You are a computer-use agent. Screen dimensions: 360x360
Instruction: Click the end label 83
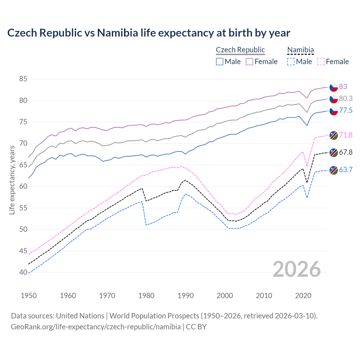pos(343,87)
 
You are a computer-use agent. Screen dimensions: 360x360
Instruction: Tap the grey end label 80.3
pos(346,98)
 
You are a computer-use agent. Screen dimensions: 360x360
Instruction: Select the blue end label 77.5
pos(346,110)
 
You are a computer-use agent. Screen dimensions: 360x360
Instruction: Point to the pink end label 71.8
pos(346,135)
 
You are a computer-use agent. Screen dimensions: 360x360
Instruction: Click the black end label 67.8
pos(346,152)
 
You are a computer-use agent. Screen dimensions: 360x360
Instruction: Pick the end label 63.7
pos(346,170)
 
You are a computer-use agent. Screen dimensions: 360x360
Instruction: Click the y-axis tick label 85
pos(23,79)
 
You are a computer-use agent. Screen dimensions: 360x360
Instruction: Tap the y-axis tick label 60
pos(23,186)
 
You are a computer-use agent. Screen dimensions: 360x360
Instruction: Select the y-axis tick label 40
pos(23,272)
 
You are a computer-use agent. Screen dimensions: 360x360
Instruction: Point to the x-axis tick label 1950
pos(29,296)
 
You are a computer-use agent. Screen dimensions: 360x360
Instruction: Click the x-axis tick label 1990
pos(186,296)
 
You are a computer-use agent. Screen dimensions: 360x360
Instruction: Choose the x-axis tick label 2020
pos(303,296)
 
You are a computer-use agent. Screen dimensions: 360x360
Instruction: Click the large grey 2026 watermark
pos(296,269)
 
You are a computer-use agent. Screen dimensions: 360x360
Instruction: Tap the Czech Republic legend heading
pos(240,50)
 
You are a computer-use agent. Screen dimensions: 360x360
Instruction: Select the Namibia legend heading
pos(300,50)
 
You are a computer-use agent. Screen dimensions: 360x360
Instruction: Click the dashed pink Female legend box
pos(321,62)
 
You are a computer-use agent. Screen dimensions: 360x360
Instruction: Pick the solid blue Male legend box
pos(220,62)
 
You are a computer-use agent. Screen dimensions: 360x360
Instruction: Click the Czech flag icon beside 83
pos(334,87)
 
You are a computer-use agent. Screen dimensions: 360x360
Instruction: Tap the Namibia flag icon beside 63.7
pos(334,170)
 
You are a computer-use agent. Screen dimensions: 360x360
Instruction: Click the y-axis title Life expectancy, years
pos(12,180)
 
